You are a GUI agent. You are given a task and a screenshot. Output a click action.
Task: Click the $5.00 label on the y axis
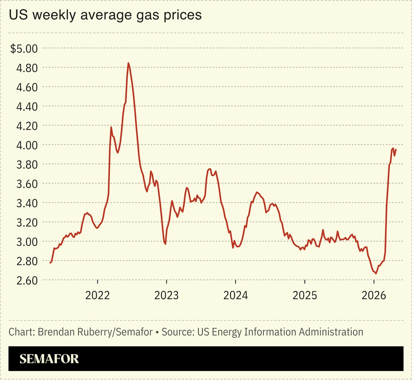(x=24, y=48)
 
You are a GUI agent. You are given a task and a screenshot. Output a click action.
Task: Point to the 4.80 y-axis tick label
(x=27, y=68)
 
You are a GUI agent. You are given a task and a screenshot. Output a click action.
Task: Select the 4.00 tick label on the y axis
(x=27, y=145)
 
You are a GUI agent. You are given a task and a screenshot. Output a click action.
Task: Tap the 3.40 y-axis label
(x=27, y=203)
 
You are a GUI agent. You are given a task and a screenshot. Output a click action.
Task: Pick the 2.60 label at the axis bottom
(x=27, y=280)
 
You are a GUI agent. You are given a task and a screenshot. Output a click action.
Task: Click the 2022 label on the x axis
(x=98, y=295)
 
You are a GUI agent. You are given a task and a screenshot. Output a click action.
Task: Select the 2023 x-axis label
(x=166, y=295)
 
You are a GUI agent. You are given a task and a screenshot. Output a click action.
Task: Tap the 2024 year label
(x=235, y=295)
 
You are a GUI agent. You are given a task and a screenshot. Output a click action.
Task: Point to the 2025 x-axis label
(x=304, y=295)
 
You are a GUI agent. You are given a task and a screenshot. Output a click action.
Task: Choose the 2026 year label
(x=373, y=295)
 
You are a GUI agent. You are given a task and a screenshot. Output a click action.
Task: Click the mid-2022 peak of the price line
(x=128, y=63)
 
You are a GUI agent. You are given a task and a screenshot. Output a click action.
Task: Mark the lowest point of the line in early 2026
(x=376, y=273)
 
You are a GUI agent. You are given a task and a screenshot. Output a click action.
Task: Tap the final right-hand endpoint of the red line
(x=396, y=149)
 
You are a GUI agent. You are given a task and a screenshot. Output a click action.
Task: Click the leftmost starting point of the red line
(x=50, y=263)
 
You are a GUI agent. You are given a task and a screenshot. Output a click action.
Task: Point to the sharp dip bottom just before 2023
(x=165, y=244)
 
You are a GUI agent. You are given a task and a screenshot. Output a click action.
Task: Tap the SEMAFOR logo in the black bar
(x=49, y=359)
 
